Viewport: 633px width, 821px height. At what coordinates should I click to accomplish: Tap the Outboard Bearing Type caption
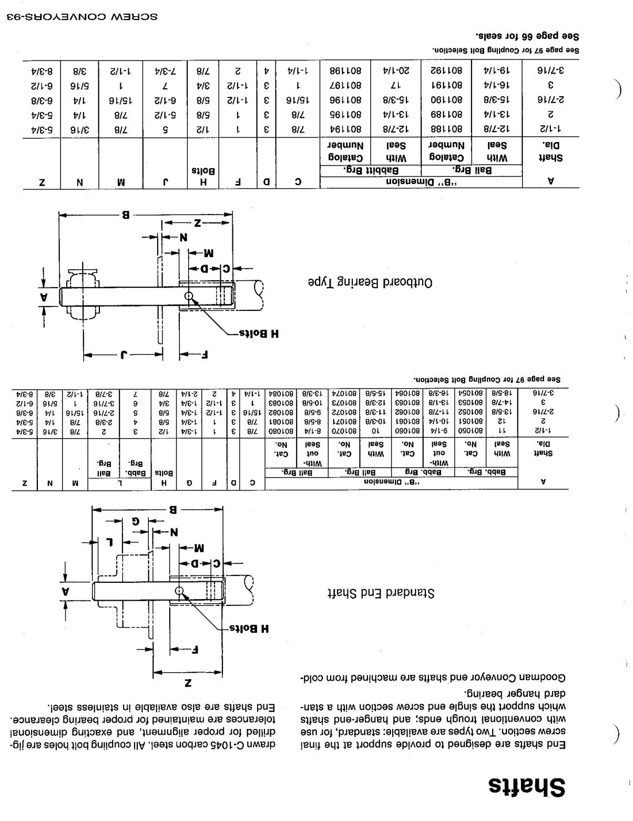(x=370, y=282)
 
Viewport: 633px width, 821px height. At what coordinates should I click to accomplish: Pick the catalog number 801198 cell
(x=345, y=69)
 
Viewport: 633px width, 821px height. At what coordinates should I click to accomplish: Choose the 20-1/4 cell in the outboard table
(x=395, y=69)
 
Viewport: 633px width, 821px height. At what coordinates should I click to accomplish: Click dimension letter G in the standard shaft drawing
(x=136, y=521)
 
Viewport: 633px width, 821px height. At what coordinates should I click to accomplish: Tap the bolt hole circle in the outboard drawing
(x=189, y=296)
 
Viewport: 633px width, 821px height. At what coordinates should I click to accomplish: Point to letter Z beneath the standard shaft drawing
(x=188, y=683)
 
